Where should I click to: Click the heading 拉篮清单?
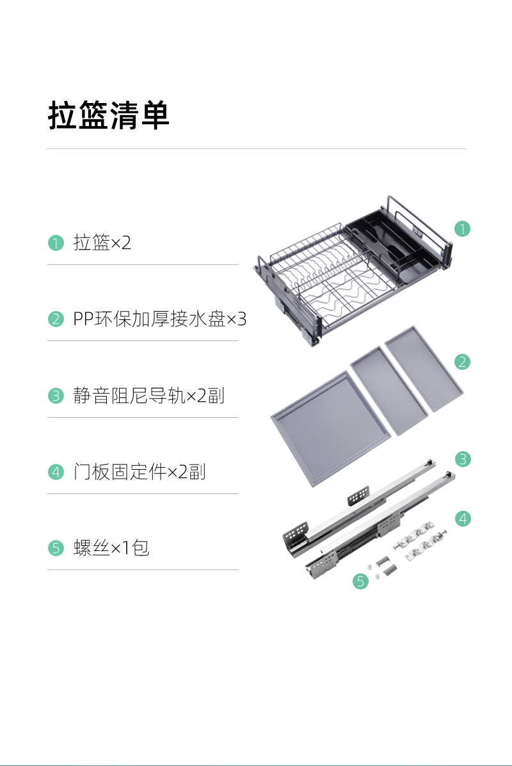[x=108, y=115]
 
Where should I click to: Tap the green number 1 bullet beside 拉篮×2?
[x=56, y=243]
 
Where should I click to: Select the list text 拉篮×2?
[x=102, y=243]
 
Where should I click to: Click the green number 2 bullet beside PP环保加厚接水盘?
[x=56, y=319]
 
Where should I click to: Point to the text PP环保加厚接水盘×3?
[x=160, y=319]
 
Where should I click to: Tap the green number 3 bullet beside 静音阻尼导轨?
[x=56, y=395]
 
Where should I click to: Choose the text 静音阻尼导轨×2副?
[x=149, y=395]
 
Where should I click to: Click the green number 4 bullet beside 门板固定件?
[x=56, y=472]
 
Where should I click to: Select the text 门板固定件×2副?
[x=140, y=472]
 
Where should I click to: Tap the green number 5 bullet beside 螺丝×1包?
[x=56, y=548]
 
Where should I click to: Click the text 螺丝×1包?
[x=111, y=548]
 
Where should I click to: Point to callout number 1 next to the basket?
[x=462, y=228]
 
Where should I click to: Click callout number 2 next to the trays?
[x=462, y=362]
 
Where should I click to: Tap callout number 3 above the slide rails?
[x=463, y=459]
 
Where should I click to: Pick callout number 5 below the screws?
[x=360, y=581]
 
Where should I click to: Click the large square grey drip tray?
[x=332, y=429]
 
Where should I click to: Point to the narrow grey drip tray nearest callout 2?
[x=424, y=369]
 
